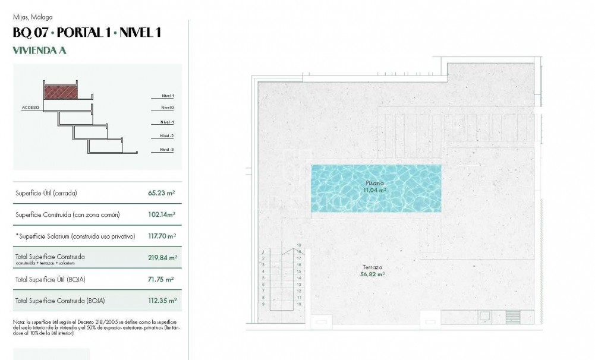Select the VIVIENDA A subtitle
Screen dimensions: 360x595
(x=39, y=50)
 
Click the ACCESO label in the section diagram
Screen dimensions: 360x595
(x=30, y=108)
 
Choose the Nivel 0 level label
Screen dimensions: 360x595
(x=167, y=108)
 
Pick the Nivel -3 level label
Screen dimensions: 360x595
(x=167, y=150)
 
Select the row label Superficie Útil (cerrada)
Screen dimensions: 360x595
(x=46, y=193)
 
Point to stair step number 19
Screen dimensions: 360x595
(x=299, y=245)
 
